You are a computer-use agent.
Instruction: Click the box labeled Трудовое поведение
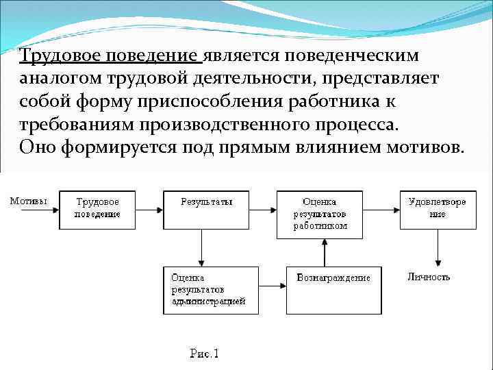(x=98, y=208)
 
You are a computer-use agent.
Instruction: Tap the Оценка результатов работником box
(x=320, y=214)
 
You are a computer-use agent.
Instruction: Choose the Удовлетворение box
(x=436, y=208)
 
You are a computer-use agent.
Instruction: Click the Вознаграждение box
(x=333, y=289)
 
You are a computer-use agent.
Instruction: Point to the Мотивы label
(x=29, y=201)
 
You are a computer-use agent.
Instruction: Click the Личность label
(x=429, y=277)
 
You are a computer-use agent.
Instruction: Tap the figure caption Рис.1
(x=204, y=354)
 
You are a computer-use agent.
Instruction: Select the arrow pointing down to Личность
(x=438, y=247)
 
